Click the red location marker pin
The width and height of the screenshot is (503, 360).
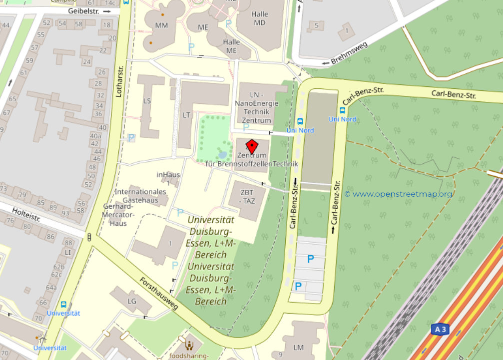tap(252, 147)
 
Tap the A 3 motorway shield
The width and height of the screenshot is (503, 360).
tap(440, 330)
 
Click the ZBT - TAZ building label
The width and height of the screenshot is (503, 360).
tap(246, 197)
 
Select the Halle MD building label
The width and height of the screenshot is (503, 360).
tap(260, 18)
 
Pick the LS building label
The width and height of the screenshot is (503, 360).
tap(147, 100)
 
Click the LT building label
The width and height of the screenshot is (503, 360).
tap(186, 115)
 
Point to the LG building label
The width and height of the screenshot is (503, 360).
tap(132, 301)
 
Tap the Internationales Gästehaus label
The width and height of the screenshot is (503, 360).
tap(140, 196)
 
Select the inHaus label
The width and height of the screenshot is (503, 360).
tap(168, 175)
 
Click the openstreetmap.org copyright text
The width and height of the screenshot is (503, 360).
tap(398, 194)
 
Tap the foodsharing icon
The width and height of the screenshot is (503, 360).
tap(189, 344)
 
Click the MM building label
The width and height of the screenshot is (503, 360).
tap(161, 24)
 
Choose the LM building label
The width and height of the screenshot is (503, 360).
tap(299, 347)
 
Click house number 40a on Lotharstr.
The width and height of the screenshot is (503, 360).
tap(95, 136)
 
